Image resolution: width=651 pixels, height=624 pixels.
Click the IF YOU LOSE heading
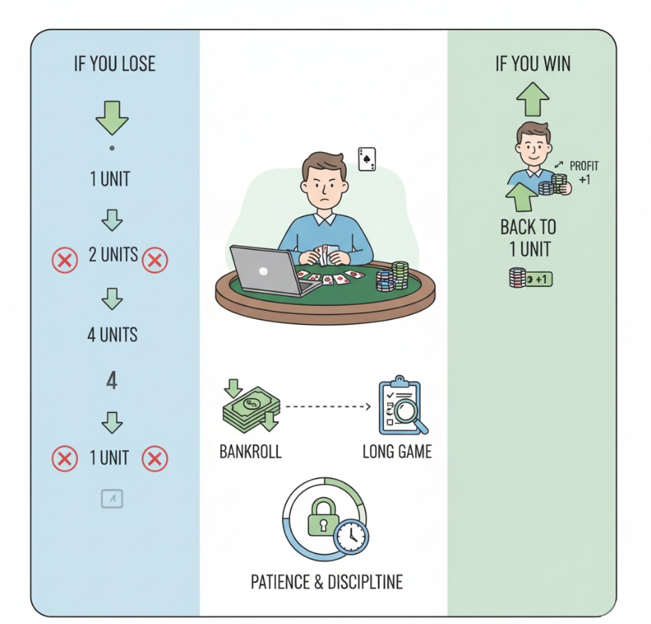coord(115,64)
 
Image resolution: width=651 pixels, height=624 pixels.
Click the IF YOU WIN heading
coord(532,64)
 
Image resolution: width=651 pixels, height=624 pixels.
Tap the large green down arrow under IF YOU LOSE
coord(112,118)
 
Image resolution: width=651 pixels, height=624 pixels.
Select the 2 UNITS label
coord(113,254)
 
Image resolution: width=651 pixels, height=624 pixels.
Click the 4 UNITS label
coord(112,335)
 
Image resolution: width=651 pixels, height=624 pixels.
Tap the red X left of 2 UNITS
coord(65,260)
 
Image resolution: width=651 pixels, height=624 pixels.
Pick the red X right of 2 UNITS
coord(155,260)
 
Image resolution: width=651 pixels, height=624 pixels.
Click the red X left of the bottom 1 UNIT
coord(65,458)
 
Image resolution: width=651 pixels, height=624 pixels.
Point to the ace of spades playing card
coord(367,159)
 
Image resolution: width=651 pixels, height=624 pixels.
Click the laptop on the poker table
coord(270,271)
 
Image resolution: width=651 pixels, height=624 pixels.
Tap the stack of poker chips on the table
coord(392,277)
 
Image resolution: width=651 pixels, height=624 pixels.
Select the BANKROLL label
coord(251,452)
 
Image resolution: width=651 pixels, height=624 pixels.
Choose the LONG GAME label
coord(397,452)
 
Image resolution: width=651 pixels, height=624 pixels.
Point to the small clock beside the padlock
coord(351,536)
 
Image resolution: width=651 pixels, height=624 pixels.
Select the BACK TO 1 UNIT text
coord(528,238)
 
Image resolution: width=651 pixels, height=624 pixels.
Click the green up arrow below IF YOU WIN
coord(532,99)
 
